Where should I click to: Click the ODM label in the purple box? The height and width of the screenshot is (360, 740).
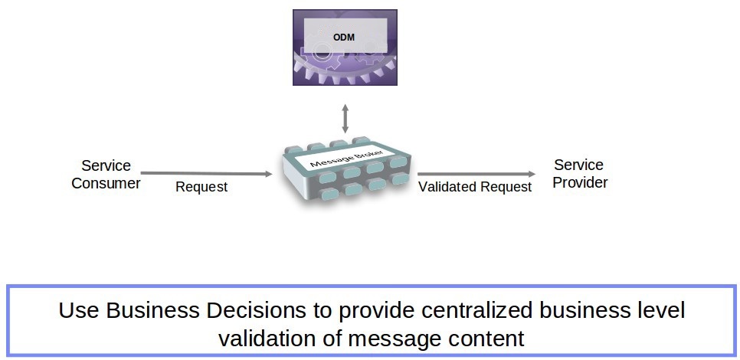344,37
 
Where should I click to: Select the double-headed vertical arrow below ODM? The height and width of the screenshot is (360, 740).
345,119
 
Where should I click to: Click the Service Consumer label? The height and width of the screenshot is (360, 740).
106,175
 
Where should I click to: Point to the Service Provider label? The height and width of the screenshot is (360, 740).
579,174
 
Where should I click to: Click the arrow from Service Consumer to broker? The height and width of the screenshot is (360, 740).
207,174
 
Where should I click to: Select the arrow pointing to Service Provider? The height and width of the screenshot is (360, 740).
476,174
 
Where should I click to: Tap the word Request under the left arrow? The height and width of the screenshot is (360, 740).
201,187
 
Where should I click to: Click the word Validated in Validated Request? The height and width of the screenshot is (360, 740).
447,187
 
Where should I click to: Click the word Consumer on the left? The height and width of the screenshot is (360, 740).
106,183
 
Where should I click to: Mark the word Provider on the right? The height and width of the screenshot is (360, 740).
580,182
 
